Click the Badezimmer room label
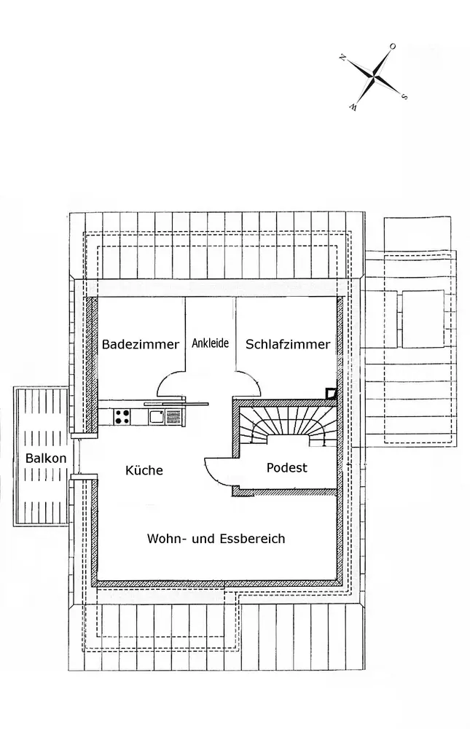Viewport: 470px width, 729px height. (140, 345)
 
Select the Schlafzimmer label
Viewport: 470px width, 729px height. (288, 345)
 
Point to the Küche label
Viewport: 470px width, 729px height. (144, 470)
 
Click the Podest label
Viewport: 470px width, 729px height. (287, 467)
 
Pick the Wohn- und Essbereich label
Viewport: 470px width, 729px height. (216, 539)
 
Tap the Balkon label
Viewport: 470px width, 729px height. (46, 459)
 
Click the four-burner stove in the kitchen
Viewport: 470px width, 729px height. (122, 417)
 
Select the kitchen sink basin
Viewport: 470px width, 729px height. (156, 417)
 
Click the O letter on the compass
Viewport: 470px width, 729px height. (392, 47)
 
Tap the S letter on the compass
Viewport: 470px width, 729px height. (404, 95)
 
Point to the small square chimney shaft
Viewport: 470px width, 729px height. (331, 394)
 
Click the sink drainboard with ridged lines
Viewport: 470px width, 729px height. (173, 417)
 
